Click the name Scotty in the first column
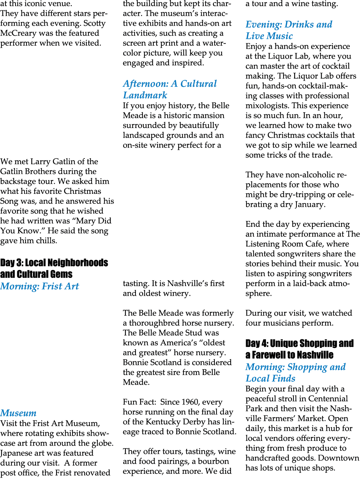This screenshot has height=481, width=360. click(95, 23)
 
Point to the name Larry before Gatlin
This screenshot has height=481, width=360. click(40, 162)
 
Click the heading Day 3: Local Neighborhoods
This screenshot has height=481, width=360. click(54, 263)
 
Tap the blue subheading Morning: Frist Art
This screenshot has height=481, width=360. click(39, 286)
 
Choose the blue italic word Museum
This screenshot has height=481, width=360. click(18, 413)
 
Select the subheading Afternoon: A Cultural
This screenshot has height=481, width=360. click(170, 84)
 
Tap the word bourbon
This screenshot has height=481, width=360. click(213, 461)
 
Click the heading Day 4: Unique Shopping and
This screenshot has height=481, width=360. click(299, 343)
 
